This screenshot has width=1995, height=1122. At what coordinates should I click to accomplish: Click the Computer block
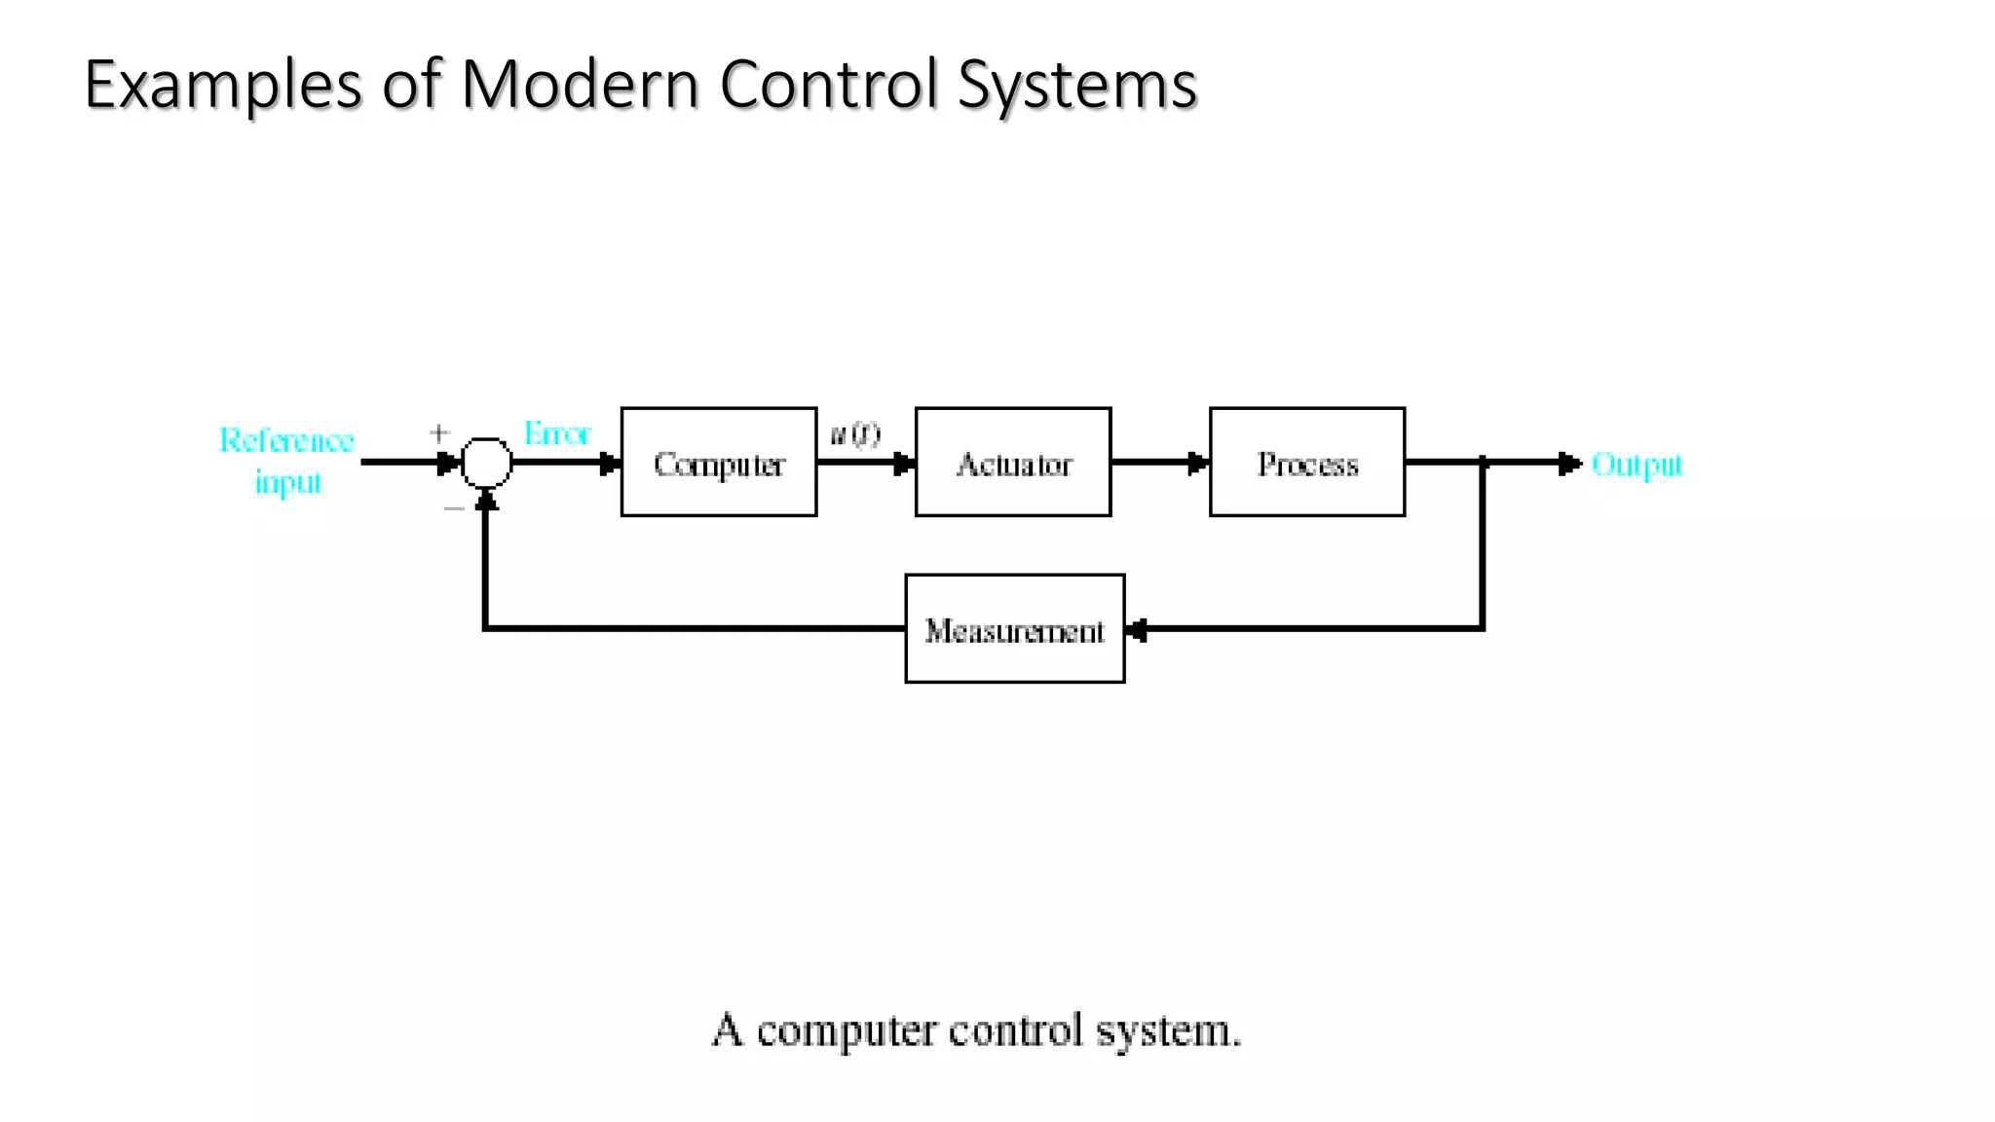pyautogui.click(x=719, y=463)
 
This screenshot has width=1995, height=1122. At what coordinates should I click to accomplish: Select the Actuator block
pyautogui.click(x=1013, y=463)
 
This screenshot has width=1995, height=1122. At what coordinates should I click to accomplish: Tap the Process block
pyautogui.click(x=1307, y=463)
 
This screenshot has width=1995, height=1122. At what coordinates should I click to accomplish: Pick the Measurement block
pyautogui.click(x=1015, y=629)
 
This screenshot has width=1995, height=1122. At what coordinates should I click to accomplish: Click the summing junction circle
pyautogui.click(x=486, y=463)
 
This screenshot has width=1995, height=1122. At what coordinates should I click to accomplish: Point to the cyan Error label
pyautogui.click(x=557, y=433)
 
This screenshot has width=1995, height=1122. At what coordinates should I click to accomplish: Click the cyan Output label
pyautogui.click(x=1637, y=465)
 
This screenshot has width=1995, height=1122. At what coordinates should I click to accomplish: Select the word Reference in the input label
pyautogui.click(x=286, y=441)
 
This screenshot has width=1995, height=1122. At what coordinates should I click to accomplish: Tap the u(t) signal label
pyautogui.click(x=855, y=434)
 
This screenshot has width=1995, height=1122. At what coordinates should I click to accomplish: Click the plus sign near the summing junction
pyautogui.click(x=439, y=432)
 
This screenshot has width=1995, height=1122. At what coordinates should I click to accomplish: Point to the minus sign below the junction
pyautogui.click(x=454, y=508)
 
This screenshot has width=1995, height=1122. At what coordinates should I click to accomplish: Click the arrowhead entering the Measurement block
pyautogui.click(x=1137, y=630)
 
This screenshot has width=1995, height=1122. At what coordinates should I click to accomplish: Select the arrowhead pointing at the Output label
pyautogui.click(x=1568, y=464)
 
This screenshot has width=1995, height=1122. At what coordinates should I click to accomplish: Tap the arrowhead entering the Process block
pyautogui.click(x=1197, y=464)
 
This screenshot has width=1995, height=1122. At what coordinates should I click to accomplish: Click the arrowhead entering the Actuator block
pyautogui.click(x=903, y=464)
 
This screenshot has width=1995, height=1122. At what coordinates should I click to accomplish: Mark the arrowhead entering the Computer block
pyautogui.click(x=609, y=464)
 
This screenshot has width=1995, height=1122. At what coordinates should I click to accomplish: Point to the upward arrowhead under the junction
pyautogui.click(x=486, y=501)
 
